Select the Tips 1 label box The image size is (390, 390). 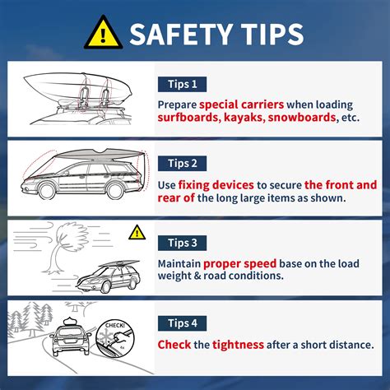point(181,84)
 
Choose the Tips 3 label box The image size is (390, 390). point(181,243)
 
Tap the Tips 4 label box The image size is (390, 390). point(181,322)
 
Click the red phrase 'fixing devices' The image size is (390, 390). point(209,185)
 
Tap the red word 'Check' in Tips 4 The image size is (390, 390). point(175,344)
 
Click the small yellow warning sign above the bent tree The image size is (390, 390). point(137,233)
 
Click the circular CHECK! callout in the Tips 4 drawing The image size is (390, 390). point(114,339)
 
